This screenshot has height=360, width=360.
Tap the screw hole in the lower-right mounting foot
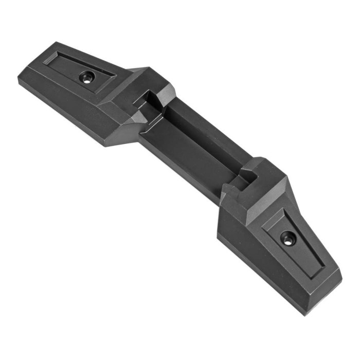(x=287, y=239)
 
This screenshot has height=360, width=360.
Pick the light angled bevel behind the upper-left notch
(x=165, y=93)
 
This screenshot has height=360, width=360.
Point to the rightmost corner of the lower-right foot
(x=341, y=269)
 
